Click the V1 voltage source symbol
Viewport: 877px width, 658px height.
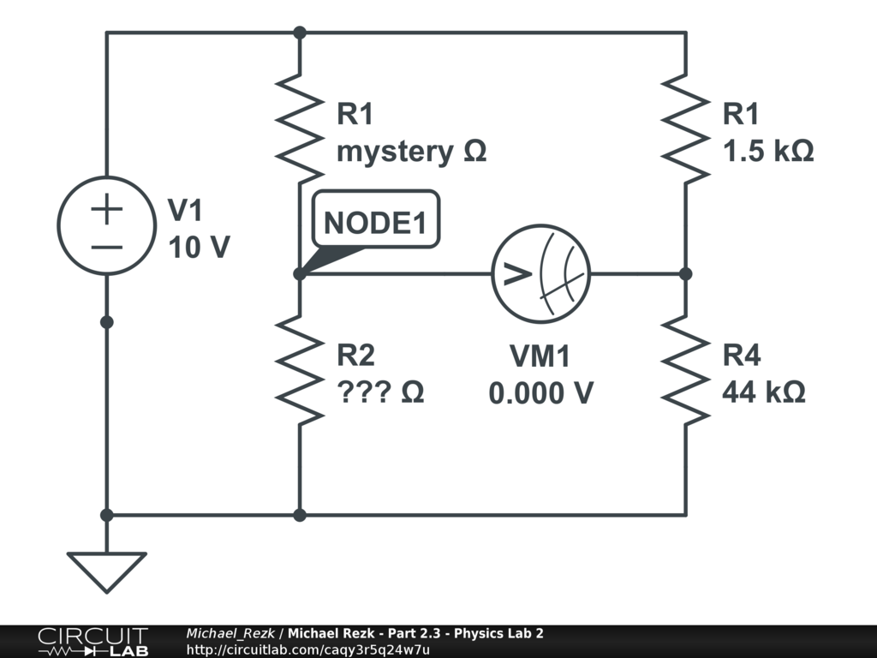tap(106, 225)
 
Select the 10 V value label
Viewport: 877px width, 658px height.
tap(199, 248)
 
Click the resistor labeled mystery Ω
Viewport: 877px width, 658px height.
tap(299, 126)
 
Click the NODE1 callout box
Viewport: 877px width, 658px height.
tap(375, 222)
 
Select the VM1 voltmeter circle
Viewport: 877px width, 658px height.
tap(541, 274)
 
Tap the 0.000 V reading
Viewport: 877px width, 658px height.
tap(541, 393)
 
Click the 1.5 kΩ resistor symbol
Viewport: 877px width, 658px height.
tap(686, 126)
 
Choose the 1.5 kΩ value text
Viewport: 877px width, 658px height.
tap(768, 152)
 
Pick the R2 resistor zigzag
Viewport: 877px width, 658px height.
tap(299, 368)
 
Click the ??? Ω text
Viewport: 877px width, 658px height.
tap(380, 393)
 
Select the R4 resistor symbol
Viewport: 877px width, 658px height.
tap(686, 368)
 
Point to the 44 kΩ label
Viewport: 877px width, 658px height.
tap(763, 393)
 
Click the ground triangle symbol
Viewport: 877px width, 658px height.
tap(106, 571)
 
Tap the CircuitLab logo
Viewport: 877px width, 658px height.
tap(92, 641)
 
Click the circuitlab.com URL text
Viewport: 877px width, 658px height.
tap(307, 649)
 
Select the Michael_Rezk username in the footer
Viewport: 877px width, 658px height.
tap(230, 633)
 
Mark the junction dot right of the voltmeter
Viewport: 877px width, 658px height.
tap(686, 274)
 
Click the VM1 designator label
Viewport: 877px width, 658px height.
tap(540, 356)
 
